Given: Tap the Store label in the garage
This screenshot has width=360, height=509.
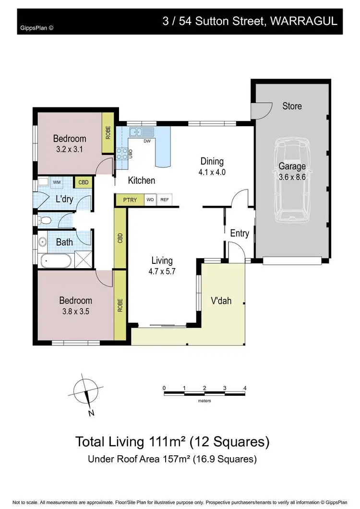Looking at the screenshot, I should tap(292, 106).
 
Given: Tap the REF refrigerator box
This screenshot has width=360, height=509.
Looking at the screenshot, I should tap(164, 200).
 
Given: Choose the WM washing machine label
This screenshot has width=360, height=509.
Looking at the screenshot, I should tap(57, 182).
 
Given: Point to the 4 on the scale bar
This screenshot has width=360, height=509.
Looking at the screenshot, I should tap(245, 388).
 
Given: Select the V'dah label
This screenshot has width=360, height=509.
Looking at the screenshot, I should tap(221, 301).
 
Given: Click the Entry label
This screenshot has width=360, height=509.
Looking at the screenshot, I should tap(240, 233).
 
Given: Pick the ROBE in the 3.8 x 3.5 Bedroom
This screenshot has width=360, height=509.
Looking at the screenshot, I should tap(120, 306).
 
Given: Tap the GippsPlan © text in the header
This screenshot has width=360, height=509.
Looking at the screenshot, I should tap(36, 28).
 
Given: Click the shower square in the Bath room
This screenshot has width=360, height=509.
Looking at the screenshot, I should tap(83, 262).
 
